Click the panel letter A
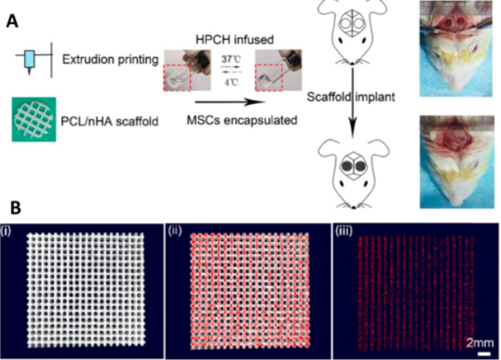coord(13,21)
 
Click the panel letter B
coord(16,207)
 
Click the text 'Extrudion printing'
coord(110,59)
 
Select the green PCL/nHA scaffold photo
coord(34,119)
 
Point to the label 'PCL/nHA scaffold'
coord(110,122)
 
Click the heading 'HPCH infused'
coord(235,40)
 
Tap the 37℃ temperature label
coord(232,59)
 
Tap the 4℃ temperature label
coord(232,82)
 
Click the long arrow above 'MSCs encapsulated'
coord(230,103)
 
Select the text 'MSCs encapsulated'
coord(242,121)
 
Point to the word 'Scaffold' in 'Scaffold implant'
coord(329,97)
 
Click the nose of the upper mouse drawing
coord(352,63)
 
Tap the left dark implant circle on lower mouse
coord(348,166)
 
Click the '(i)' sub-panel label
coord(5,231)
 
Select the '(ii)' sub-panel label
coord(175,231)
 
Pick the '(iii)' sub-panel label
coord(344,231)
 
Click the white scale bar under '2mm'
coord(484,353)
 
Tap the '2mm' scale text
coord(480,343)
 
